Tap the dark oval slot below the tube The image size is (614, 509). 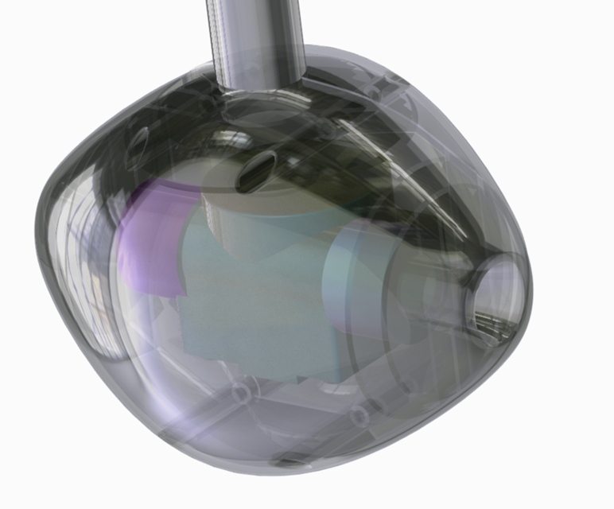click(x=257, y=167)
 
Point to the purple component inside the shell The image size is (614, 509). click(x=151, y=239)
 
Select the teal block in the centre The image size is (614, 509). click(x=255, y=302)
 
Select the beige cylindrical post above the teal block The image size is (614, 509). click(x=239, y=215)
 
